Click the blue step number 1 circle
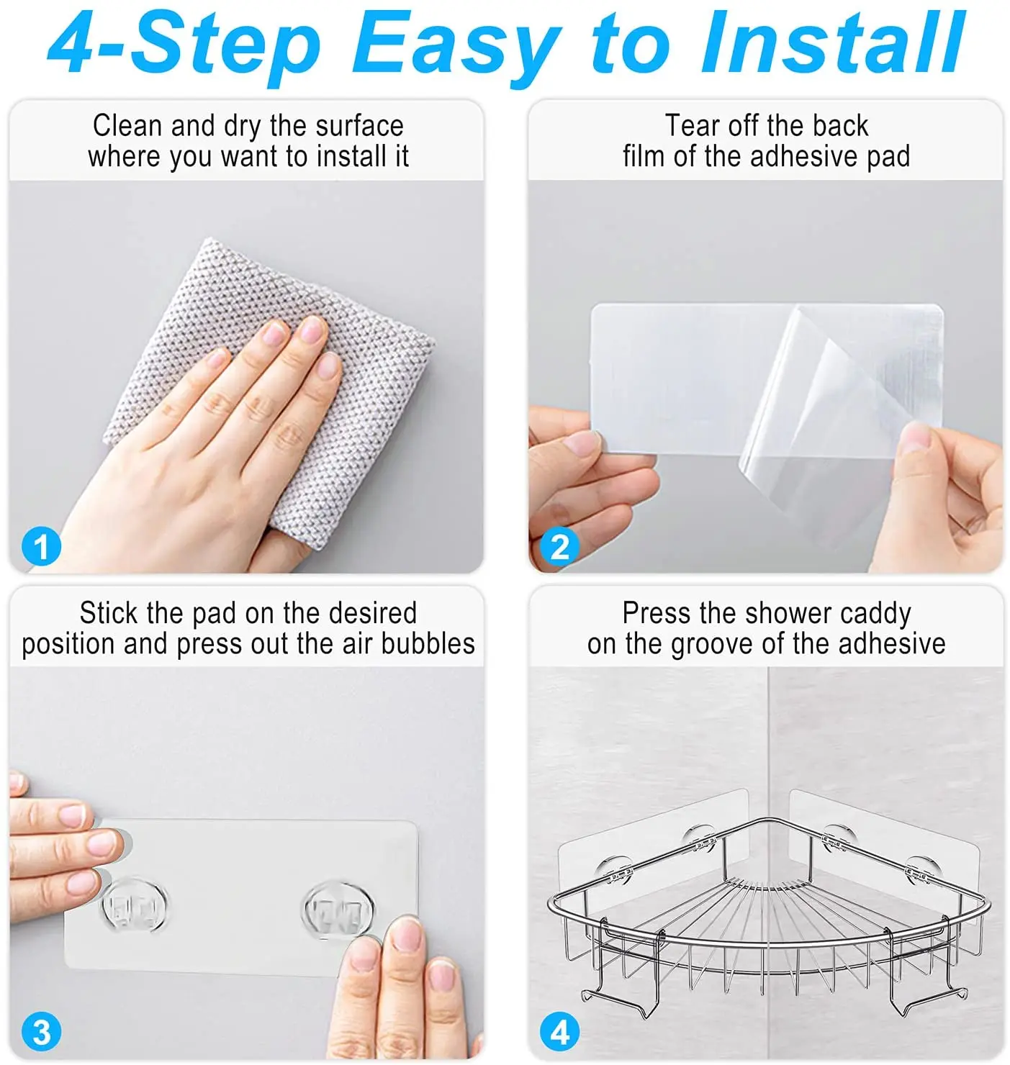pyautogui.click(x=41, y=546)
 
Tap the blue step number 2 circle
pyautogui.click(x=559, y=546)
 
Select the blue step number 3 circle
pyautogui.click(x=41, y=1031)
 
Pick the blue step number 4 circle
pyautogui.click(x=559, y=1031)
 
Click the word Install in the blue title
pyautogui.click(x=832, y=42)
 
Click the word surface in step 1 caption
pyautogui.click(x=359, y=126)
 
